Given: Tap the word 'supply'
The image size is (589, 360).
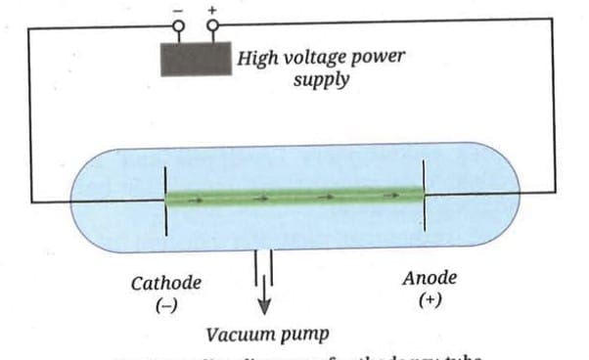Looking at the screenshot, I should point(321,79).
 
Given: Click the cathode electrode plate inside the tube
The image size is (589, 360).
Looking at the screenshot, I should point(164,200).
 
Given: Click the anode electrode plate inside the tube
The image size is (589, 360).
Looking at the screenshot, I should point(423,196).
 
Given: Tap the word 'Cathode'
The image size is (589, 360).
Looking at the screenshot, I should point(166,284).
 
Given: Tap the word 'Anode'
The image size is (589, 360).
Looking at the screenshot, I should point(430,279).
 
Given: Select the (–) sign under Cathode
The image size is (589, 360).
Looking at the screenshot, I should point(166,305).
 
